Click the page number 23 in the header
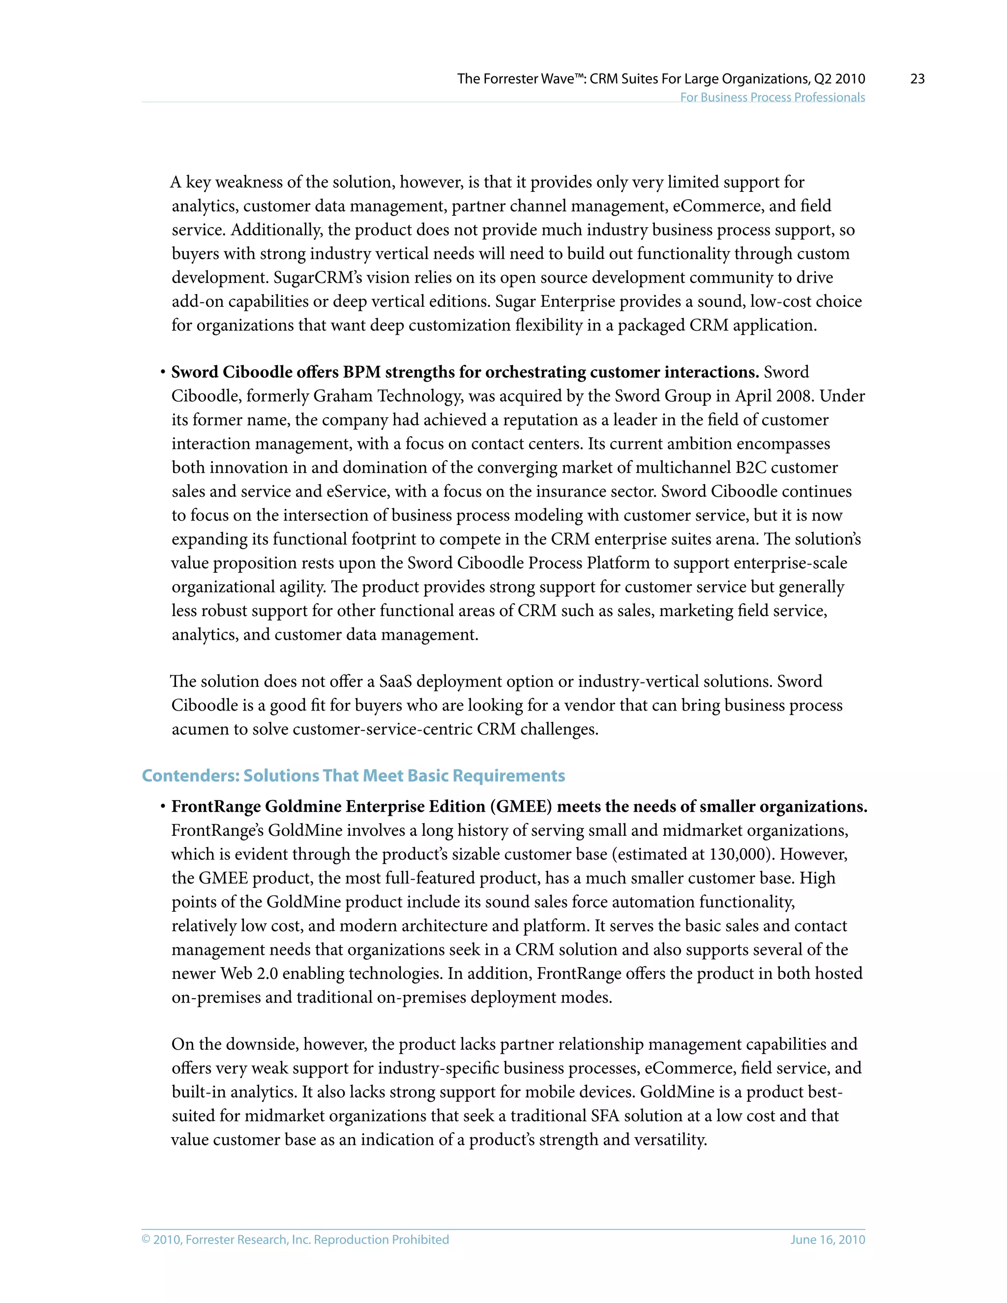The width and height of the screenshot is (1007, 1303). (917, 79)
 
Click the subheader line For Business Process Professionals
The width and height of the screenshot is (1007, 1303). (772, 97)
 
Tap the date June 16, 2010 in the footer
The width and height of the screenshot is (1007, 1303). (828, 1239)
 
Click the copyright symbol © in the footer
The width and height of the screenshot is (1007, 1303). (146, 1239)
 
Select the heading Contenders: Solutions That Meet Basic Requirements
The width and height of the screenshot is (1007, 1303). (353, 775)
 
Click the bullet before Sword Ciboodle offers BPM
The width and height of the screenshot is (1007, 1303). (162, 373)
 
